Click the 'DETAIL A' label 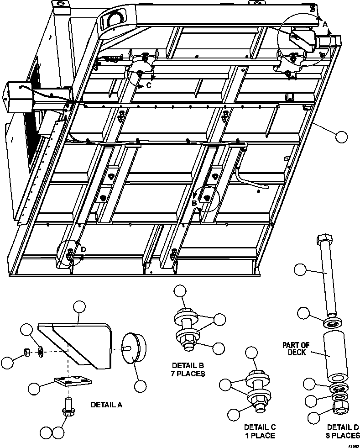click(106, 404)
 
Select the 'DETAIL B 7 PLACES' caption click(188, 369)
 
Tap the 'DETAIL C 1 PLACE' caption click(260, 431)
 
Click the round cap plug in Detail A click(134, 347)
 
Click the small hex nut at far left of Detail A click(27, 353)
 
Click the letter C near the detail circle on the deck click(149, 85)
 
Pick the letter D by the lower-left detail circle click(83, 249)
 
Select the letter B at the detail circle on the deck click(194, 203)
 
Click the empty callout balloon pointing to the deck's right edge click(341, 137)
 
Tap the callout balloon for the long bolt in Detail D click(300, 269)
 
